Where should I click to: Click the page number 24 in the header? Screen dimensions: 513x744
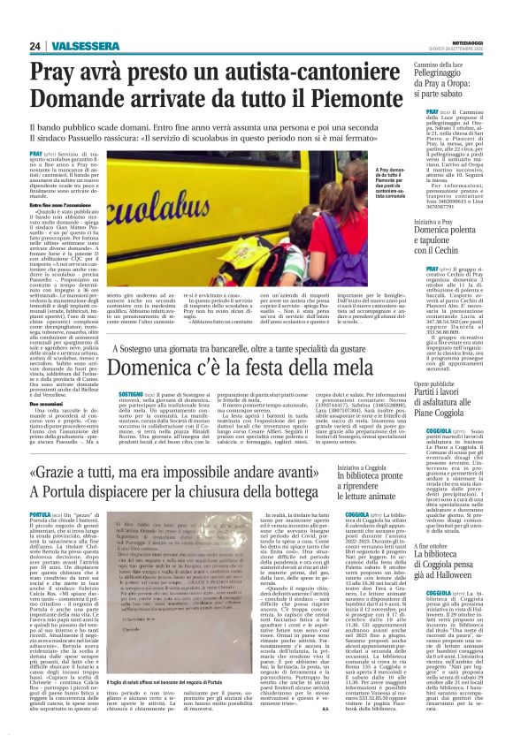click(35, 46)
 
